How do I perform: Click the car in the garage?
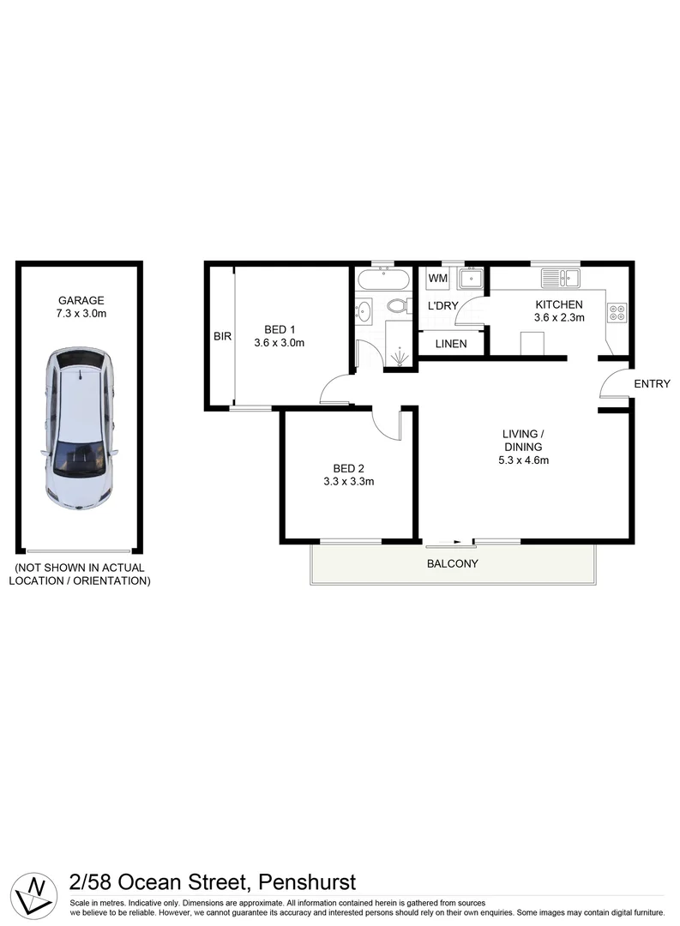click(80, 429)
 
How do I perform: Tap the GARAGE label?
click(81, 301)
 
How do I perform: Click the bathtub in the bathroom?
click(383, 280)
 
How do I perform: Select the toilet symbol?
click(397, 306)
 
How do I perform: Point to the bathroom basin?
click(364, 311)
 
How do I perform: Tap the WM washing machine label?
click(438, 279)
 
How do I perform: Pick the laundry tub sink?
click(471, 279)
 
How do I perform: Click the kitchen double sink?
click(561, 279)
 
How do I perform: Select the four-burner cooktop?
click(617, 312)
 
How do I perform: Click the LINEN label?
click(451, 344)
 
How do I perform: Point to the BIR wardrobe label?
click(222, 337)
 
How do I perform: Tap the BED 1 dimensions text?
click(280, 343)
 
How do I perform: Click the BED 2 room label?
click(349, 468)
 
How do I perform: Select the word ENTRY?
click(652, 384)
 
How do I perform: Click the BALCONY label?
click(452, 564)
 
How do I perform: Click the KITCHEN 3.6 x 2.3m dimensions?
click(559, 317)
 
